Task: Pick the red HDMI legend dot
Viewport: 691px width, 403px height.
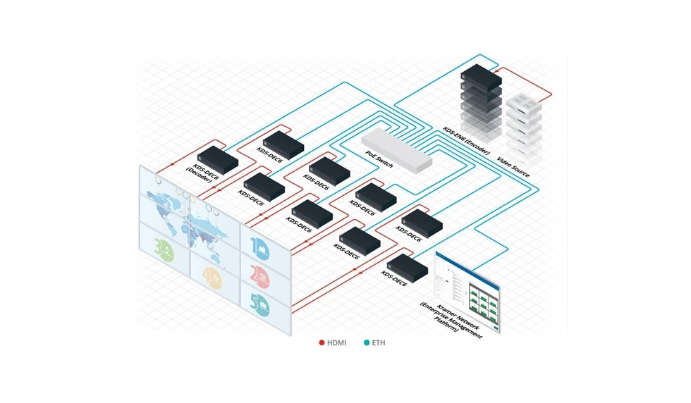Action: (322, 343)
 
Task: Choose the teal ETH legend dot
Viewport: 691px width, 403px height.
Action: (367, 343)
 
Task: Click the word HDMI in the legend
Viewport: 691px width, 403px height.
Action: (336, 343)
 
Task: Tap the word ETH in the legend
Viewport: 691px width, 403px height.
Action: (379, 343)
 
